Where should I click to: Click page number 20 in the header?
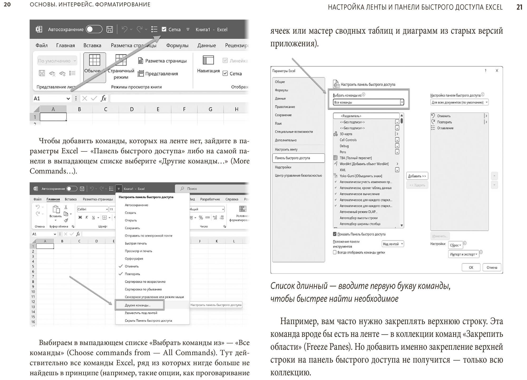point(7,4)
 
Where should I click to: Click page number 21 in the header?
point(519,7)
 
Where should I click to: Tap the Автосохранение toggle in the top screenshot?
point(94,30)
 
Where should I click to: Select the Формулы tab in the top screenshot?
point(177,45)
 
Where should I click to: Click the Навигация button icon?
point(208,60)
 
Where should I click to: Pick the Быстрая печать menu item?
point(136,243)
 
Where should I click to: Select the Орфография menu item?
point(134,259)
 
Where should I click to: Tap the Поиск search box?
point(211,189)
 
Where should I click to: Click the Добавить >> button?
point(417,176)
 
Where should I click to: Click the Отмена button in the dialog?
point(492,267)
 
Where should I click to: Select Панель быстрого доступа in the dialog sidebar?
point(292,158)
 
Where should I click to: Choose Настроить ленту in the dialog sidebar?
point(286,149)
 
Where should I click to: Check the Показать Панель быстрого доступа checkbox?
point(335,234)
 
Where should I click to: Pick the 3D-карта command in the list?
point(346,134)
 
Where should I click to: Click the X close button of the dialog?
point(497,71)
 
